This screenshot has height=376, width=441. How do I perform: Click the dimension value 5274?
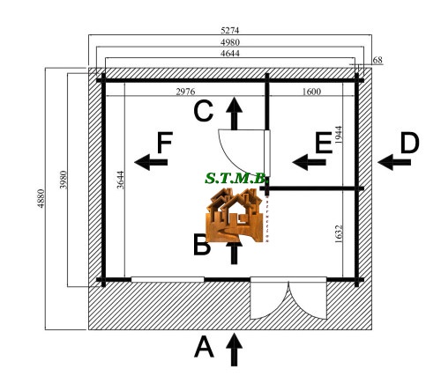click(x=230, y=30)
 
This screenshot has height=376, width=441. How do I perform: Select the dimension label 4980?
click(x=230, y=42)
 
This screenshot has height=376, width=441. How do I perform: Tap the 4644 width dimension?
click(x=230, y=53)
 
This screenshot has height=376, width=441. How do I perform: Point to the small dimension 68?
click(x=377, y=60)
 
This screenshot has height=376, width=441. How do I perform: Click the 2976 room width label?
click(x=185, y=92)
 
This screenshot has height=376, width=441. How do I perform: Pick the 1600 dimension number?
click(x=311, y=92)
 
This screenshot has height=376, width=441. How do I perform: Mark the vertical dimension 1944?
click(x=339, y=135)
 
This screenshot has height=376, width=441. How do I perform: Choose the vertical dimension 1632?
click(x=339, y=234)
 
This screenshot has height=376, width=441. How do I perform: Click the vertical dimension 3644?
click(x=121, y=180)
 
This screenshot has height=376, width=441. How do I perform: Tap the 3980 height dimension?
click(x=64, y=180)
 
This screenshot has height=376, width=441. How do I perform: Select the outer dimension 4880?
click(x=41, y=199)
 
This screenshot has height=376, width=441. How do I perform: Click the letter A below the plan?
click(x=204, y=347)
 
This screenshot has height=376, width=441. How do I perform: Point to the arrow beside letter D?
click(x=394, y=162)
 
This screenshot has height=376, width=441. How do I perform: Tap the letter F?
click(x=165, y=143)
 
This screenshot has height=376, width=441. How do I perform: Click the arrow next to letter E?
click(x=309, y=162)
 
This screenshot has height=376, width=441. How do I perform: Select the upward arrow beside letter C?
click(x=235, y=114)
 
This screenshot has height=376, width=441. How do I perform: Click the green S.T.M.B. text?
click(x=236, y=178)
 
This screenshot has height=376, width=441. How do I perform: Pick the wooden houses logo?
click(x=235, y=215)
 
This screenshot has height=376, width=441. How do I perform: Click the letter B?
click(x=202, y=245)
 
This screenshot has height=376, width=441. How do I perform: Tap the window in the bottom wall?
click(x=168, y=279)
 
